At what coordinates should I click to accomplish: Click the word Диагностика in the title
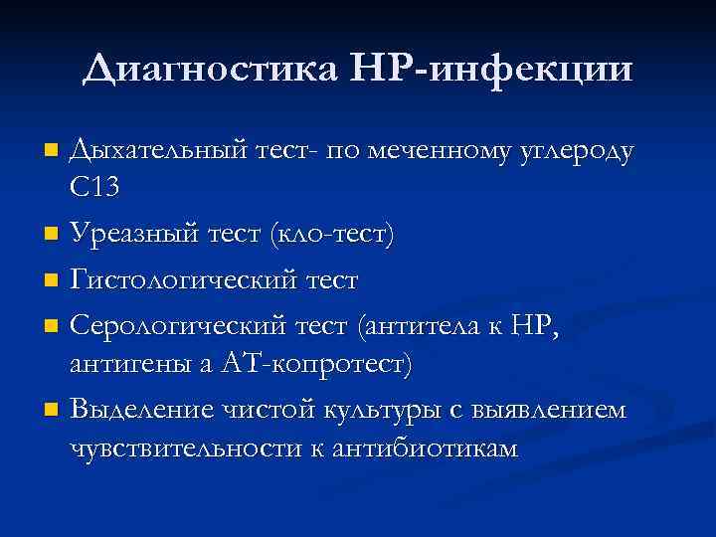pos(212,69)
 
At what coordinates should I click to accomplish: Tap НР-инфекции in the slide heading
pos(492,69)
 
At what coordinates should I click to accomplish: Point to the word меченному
pos(435,152)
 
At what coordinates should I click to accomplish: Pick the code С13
pos(96,189)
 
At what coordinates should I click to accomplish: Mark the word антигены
pos(128,364)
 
